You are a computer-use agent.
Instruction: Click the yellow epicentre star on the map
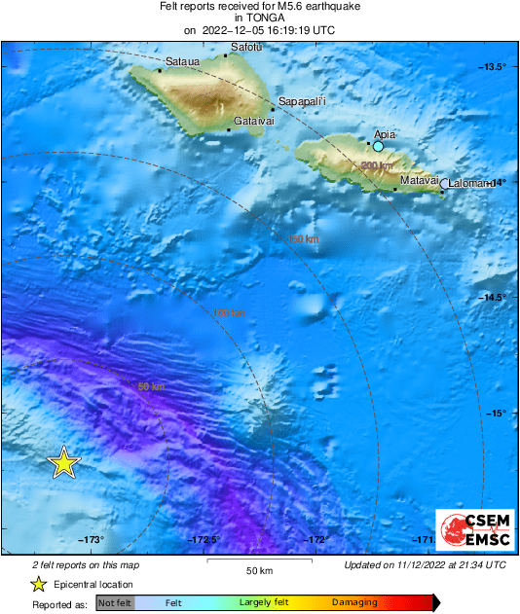(63, 463)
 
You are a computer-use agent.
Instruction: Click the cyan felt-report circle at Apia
(379, 146)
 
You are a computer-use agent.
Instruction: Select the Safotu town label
(245, 47)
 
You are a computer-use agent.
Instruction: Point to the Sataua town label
(182, 62)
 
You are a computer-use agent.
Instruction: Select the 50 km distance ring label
(150, 386)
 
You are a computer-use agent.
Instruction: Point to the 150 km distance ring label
(303, 239)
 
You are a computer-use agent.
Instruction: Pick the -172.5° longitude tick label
(204, 540)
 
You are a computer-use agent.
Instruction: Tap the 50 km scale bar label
(259, 569)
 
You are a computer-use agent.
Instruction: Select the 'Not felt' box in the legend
(114, 602)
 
